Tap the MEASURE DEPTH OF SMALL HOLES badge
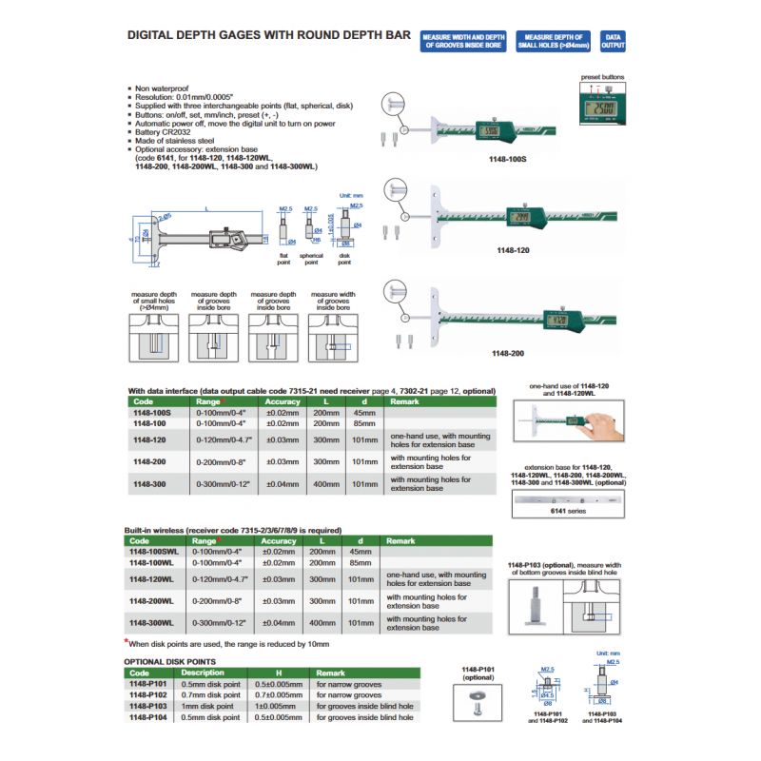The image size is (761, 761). coord(553,40)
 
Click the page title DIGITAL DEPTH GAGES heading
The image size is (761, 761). coord(269,35)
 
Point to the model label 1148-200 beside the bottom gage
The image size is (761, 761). coord(507,353)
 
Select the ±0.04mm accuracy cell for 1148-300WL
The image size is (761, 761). coord(279,623)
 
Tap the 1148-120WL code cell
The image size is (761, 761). coord(150,578)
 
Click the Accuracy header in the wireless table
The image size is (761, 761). coord(279,541)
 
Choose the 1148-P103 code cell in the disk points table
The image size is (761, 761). coord(148,706)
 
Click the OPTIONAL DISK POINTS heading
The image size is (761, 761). coord(169,660)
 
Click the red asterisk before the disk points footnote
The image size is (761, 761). coord(127,643)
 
